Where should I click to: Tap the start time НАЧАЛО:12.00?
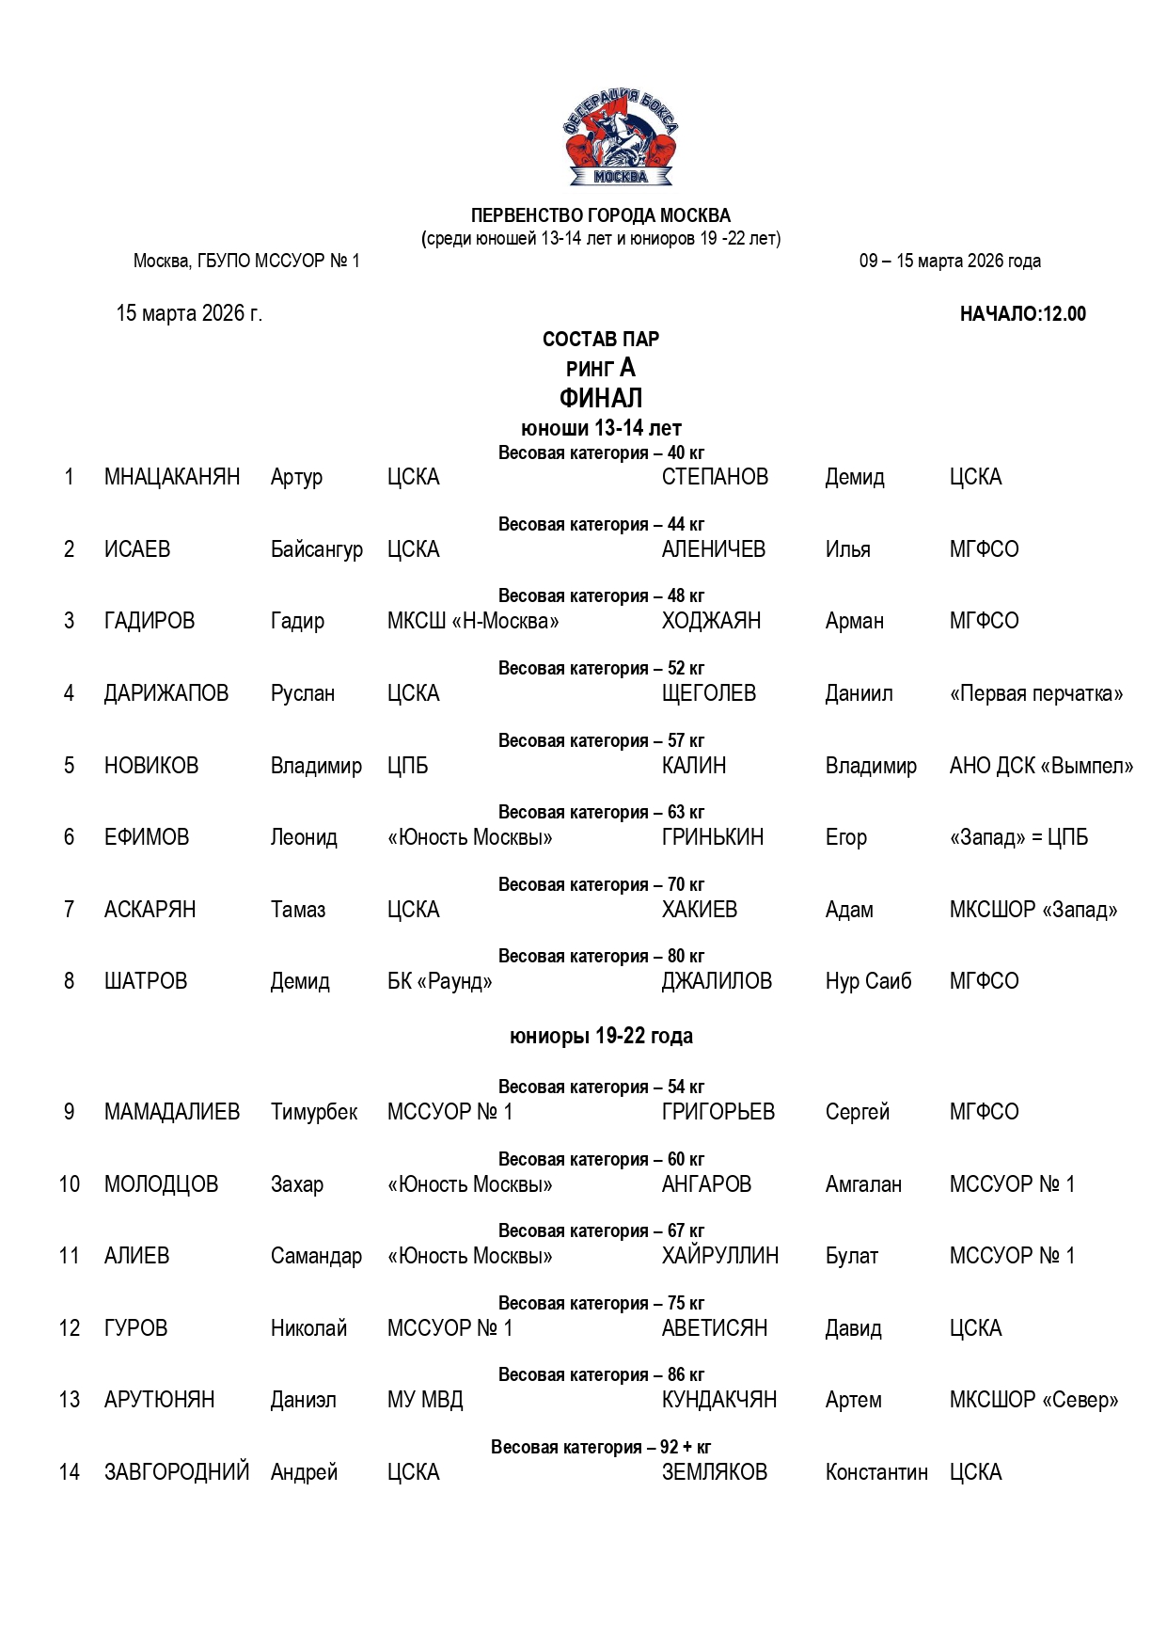point(1022,314)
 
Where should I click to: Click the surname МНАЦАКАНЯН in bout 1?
point(172,477)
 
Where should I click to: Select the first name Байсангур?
point(316,549)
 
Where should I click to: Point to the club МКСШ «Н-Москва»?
point(473,621)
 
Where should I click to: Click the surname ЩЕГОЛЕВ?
point(708,693)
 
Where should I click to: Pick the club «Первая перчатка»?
point(1036,693)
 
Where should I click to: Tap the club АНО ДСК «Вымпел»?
point(1041,766)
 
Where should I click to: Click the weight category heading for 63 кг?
point(601,812)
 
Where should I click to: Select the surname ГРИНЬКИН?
point(713,837)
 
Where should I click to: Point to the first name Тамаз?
point(298,910)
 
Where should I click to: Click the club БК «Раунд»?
point(440,981)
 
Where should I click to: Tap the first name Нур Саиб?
point(868,981)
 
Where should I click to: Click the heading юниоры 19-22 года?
point(601,1036)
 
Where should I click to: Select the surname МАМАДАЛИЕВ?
point(172,1112)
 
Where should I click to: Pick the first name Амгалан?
point(863,1184)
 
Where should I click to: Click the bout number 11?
point(70,1256)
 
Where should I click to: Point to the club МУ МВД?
point(425,1400)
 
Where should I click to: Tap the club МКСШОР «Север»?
point(1033,1400)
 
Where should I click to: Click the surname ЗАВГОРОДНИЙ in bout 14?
point(177,1472)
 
